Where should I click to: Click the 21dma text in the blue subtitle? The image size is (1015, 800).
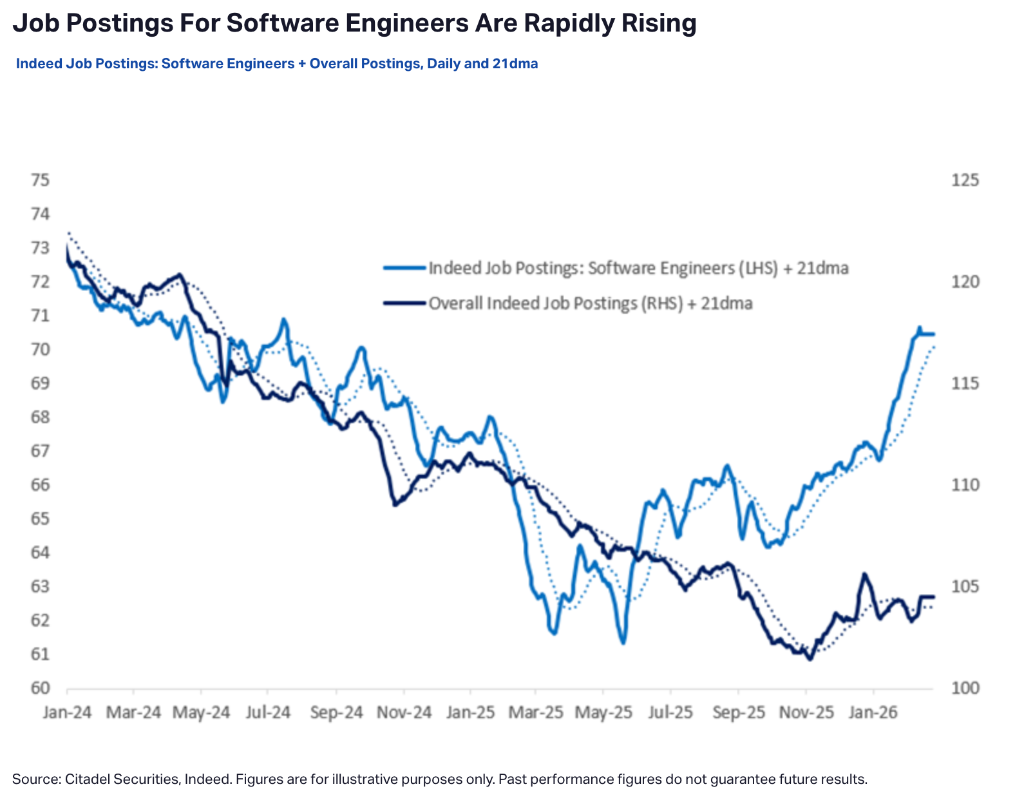515,64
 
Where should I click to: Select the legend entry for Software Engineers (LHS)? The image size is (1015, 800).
638,268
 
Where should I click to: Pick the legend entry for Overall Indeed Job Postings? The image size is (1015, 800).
590,303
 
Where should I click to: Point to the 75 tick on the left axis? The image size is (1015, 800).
40,180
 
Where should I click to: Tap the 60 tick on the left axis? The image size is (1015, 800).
40,688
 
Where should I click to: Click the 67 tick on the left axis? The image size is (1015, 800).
40,451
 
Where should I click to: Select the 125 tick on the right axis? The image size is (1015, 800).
965,180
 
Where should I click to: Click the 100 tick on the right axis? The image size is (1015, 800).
965,688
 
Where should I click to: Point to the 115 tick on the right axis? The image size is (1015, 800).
965,383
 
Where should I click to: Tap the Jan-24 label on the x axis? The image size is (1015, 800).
67,712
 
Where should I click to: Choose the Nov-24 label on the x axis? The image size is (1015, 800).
404,712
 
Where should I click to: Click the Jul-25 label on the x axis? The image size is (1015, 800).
670,712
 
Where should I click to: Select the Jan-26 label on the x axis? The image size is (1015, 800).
873,712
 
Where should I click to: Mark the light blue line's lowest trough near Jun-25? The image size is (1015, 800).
623,642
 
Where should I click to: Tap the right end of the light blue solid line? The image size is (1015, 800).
933,334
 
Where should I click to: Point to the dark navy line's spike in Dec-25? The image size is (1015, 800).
864,574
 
